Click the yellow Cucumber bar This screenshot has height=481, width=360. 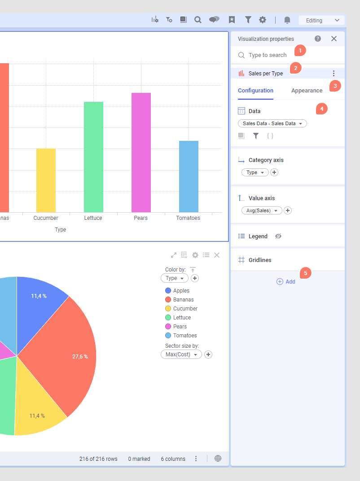click(x=46, y=180)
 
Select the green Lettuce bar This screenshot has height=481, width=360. click(x=93, y=157)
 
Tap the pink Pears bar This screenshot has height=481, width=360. click(x=141, y=153)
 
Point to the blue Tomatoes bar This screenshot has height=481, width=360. click(x=189, y=176)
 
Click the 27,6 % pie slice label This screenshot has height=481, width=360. click(x=80, y=357)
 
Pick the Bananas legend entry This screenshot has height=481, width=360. click(x=183, y=300)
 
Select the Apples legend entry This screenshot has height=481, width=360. click(x=181, y=291)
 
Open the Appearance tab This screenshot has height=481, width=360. click(x=307, y=91)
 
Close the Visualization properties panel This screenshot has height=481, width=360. click(x=334, y=39)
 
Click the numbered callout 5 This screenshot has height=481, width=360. click(x=306, y=272)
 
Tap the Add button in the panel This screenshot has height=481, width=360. click(x=286, y=282)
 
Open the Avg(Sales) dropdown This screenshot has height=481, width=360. click(x=262, y=210)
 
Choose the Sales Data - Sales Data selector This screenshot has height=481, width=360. click(x=272, y=123)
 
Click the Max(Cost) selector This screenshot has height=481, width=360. click(x=181, y=354)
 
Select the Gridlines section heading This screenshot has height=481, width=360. click(x=260, y=260)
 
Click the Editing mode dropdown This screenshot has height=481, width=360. click(x=321, y=20)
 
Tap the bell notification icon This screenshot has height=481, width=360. click(x=287, y=20)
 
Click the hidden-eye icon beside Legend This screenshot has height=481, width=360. click(x=278, y=236)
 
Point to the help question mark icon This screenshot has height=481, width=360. click(x=318, y=39)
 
